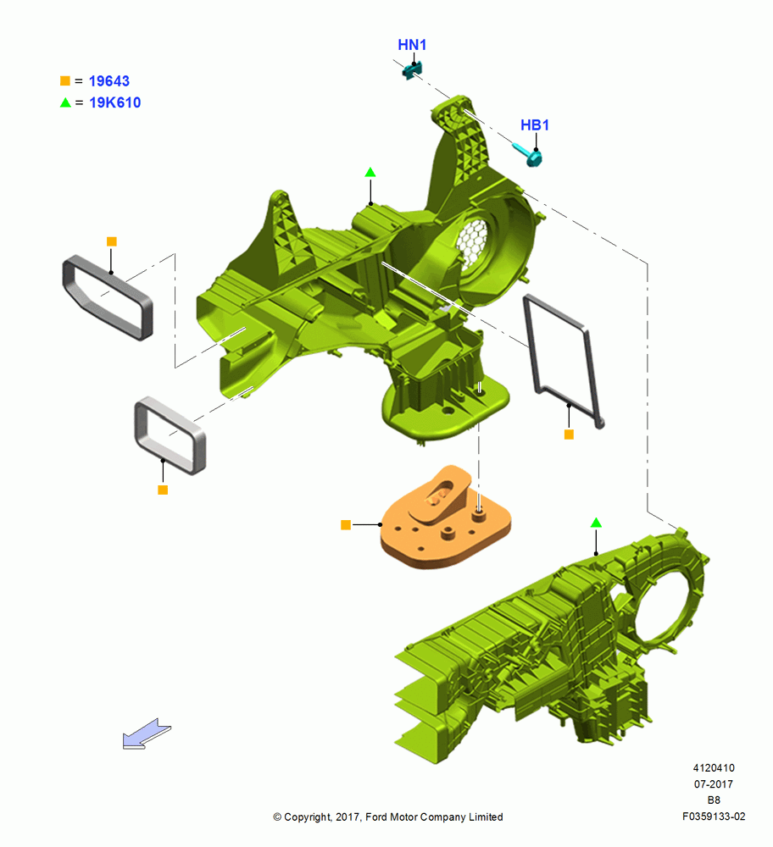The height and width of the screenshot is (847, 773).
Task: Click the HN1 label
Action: [x=412, y=45]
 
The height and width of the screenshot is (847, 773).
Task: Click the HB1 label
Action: [x=535, y=125]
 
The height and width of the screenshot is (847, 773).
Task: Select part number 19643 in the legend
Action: [x=109, y=81]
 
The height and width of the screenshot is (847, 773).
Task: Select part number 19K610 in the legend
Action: [x=114, y=102]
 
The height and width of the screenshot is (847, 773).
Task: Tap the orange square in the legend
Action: [x=65, y=80]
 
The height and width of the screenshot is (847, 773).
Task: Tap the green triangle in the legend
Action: [x=65, y=102]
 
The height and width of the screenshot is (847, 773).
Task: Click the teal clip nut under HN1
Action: [x=412, y=70]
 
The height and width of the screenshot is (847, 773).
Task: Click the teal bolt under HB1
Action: [x=527, y=154]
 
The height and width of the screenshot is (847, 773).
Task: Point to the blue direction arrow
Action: [x=147, y=734]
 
